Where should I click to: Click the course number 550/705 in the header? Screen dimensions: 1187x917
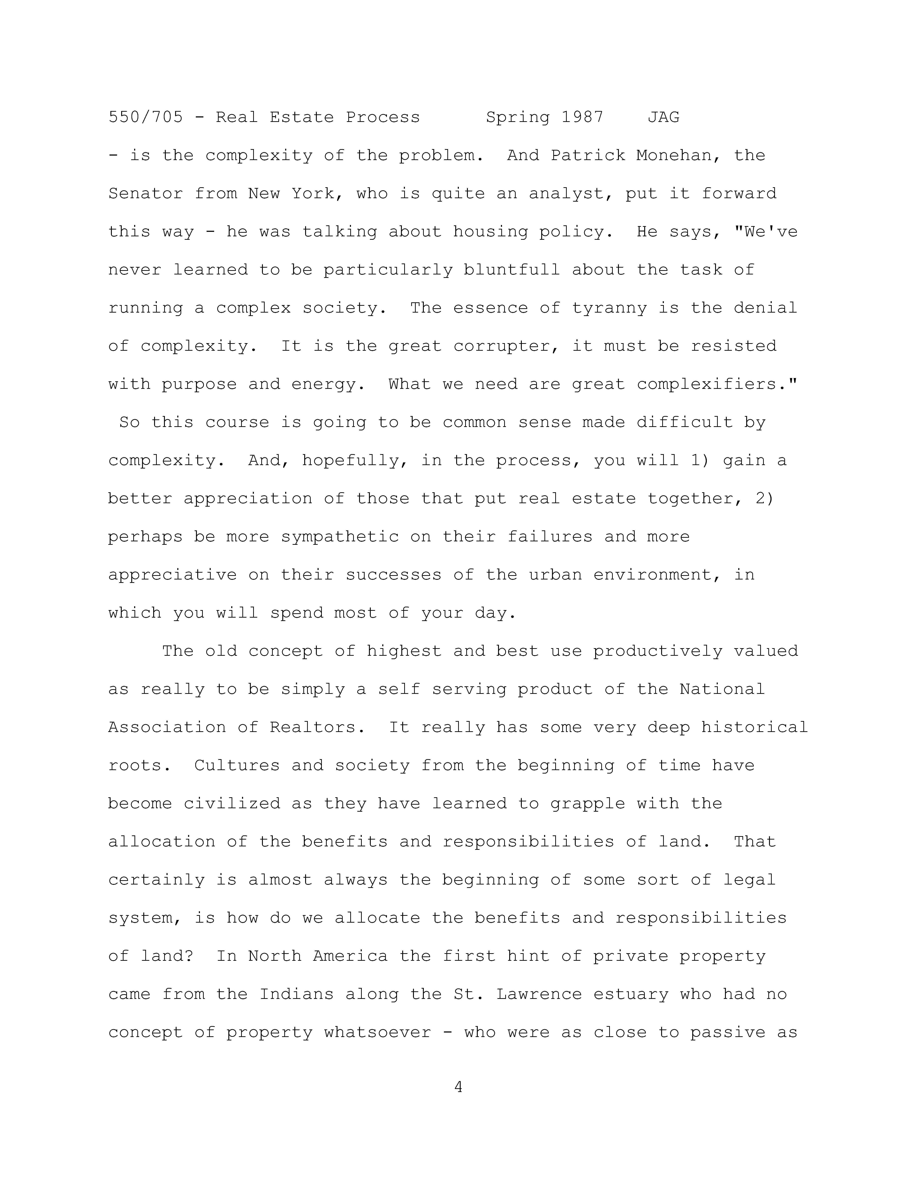click(146, 117)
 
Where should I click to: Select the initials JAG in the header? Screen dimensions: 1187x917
click(663, 117)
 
